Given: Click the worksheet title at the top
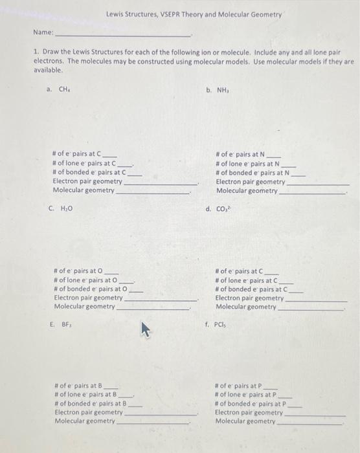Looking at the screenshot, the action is [x=194, y=14].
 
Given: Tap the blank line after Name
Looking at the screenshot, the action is [x=123, y=34].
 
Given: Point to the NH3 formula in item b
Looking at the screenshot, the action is [x=223, y=90].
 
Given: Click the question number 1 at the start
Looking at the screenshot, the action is [x=36, y=50].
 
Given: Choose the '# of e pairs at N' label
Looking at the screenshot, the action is [x=240, y=155].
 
